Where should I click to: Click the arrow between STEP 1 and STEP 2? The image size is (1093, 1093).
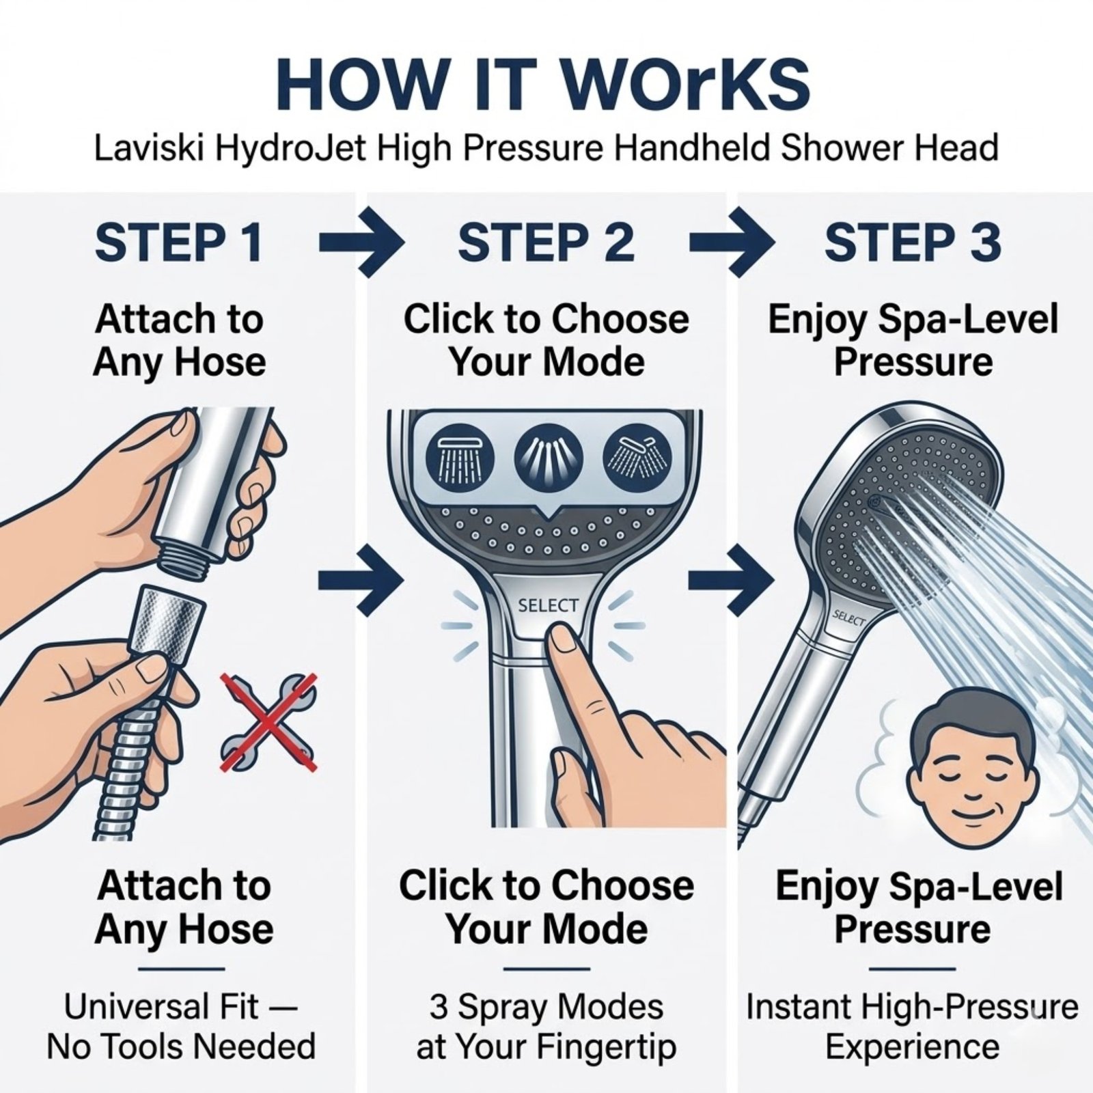coord(361,243)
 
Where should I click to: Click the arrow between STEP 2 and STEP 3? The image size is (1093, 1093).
coord(732,243)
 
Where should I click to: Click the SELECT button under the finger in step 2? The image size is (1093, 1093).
coord(547,605)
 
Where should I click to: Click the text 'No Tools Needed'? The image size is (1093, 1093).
coord(182,1047)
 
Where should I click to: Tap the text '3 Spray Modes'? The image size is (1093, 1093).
coord(546,1007)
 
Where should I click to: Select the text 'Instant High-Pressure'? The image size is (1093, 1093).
coord(913,1007)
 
